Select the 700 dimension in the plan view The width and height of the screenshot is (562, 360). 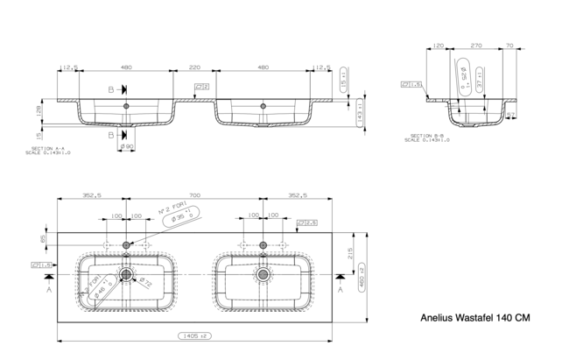click(194, 196)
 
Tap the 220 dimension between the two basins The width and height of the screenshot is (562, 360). click(194, 66)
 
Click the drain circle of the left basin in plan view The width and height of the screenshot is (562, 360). click(128, 275)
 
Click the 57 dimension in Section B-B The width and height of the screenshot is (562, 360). click(511, 114)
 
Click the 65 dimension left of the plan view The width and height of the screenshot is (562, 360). click(43, 237)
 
